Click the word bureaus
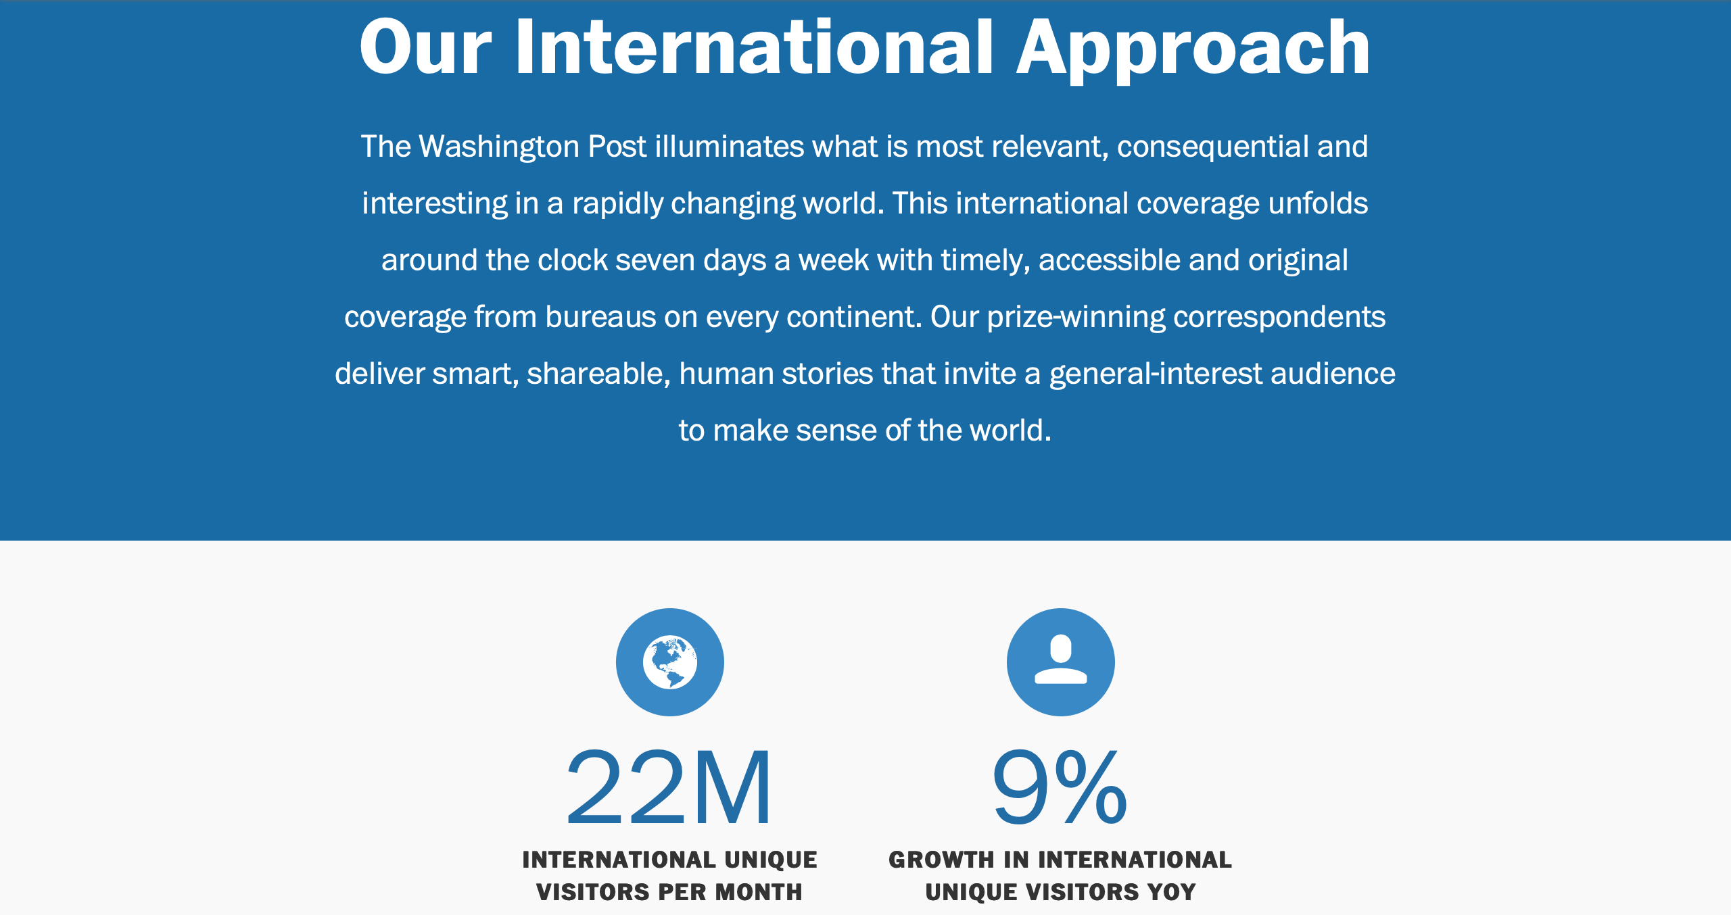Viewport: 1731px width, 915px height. point(600,317)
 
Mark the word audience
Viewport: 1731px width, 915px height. point(1333,374)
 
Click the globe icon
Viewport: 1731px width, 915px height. point(669,662)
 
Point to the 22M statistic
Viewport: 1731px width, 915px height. point(668,788)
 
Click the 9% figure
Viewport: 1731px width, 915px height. point(1060,788)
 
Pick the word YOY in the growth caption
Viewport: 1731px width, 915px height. point(1171,892)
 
